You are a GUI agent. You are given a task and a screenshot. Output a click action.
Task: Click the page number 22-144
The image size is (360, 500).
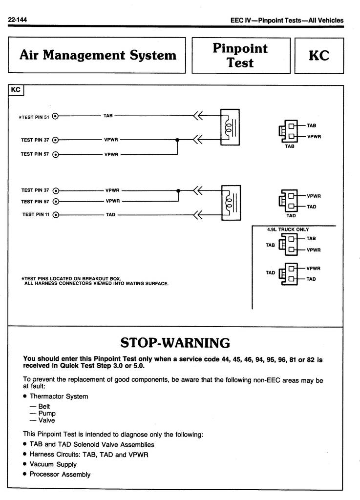tap(17, 20)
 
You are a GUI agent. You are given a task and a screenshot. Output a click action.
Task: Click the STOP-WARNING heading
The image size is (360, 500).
tap(175, 343)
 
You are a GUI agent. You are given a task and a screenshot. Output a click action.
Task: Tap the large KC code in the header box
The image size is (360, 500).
tap(319, 56)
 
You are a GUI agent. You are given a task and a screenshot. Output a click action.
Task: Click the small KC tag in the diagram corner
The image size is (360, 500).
tap(16, 90)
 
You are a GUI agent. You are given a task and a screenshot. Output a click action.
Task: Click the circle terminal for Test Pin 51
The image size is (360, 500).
tap(56, 116)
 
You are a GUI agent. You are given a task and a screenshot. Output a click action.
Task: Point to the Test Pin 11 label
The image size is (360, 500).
tap(36, 215)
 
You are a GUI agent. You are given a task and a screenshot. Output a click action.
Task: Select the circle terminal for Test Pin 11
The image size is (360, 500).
tap(56, 215)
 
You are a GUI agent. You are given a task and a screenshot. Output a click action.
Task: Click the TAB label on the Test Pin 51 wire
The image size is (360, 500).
tap(108, 115)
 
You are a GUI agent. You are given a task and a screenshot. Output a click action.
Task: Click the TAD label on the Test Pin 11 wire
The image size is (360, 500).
tap(111, 215)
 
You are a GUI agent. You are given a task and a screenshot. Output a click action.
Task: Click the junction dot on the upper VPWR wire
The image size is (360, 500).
tap(177, 140)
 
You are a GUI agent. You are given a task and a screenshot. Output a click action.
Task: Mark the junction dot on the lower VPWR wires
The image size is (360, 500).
tap(178, 191)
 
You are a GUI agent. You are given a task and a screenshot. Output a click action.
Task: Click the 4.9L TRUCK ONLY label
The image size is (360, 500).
tap(288, 229)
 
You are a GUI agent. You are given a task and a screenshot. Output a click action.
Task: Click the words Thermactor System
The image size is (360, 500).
tap(59, 396)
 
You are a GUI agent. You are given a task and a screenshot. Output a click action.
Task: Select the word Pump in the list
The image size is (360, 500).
tap(47, 413)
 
